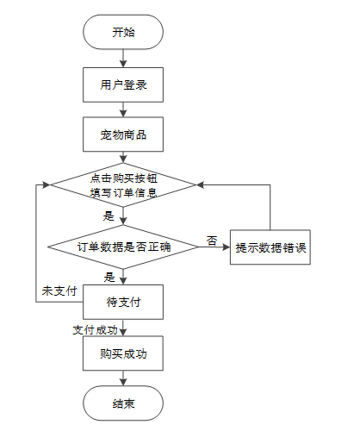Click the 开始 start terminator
coord(123,32)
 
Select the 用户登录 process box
coord(123,84)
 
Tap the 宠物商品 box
coord(123,134)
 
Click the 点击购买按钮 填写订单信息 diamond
coord(123,184)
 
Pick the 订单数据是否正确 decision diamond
coord(123,247)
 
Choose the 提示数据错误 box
coord(270,247)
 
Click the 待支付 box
coord(123,302)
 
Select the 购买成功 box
coord(123,353)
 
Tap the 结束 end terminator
coord(123,403)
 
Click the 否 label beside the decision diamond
coord(212,240)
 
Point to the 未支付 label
coord(59,291)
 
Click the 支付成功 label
coord(96,330)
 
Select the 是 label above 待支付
coord(109,278)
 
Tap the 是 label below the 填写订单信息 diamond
coord(109,215)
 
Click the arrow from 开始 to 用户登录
coord(123,59)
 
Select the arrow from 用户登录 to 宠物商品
coord(123,109)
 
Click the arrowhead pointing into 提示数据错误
coord(227,247)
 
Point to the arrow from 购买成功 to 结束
coord(123,378)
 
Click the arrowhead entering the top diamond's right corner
coord(201,184)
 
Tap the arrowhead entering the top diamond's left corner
coord(47,184)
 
